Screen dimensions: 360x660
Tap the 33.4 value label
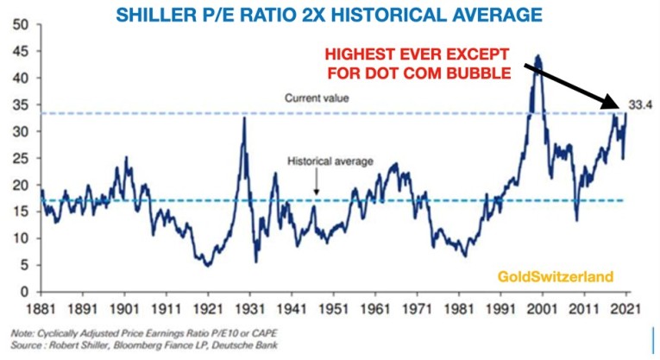coord(639,104)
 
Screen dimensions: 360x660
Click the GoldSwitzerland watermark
coord(554,277)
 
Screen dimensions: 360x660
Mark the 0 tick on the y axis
coord(27,292)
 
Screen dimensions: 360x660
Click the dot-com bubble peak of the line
coord(538,57)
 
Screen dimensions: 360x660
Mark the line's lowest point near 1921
coord(207,266)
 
